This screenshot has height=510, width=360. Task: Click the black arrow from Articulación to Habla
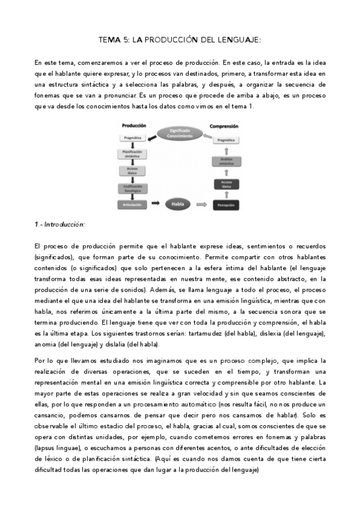(x=155, y=204)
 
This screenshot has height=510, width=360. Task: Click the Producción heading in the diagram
(x=134, y=126)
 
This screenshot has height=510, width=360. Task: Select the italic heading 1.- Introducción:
(x=59, y=224)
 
